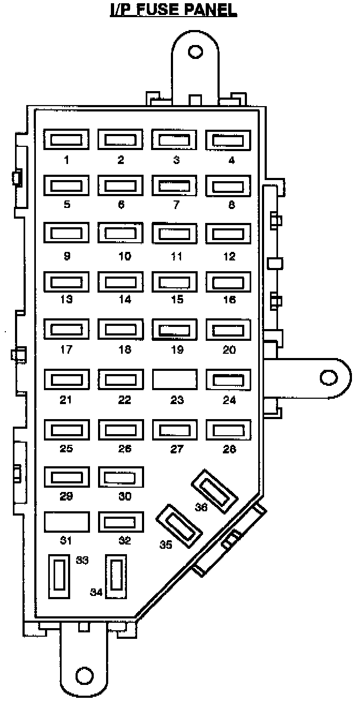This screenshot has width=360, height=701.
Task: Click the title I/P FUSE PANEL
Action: [x=173, y=10]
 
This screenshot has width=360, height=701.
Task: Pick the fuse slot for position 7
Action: [x=175, y=186]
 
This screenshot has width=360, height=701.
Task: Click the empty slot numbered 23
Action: [x=175, y=379]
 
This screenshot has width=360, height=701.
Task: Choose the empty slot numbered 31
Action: [x=66, y=521]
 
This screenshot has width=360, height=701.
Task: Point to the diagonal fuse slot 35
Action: [x=178, y=526]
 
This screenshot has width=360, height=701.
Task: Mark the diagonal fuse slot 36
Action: [x=215, y=491]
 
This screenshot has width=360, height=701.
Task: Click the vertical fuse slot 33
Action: [x=59, y=576]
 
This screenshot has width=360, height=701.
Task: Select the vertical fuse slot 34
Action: [x=117, y=576]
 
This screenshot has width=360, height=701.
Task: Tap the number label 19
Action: [x=177, y=351]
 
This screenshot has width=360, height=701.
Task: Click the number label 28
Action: [x=229, y=449]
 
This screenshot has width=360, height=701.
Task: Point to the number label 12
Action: [x=229, y=257]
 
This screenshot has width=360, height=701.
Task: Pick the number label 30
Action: [x=124, y=497]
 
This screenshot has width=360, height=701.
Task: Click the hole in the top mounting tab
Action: [x=196, y=51]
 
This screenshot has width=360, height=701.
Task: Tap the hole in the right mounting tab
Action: [x=328, y=377]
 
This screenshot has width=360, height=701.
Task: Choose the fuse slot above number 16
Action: [x=229, y=282]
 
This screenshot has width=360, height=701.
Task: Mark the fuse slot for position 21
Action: [x=66, y=380]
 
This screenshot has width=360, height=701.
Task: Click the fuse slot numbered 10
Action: [x=121, y=234]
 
